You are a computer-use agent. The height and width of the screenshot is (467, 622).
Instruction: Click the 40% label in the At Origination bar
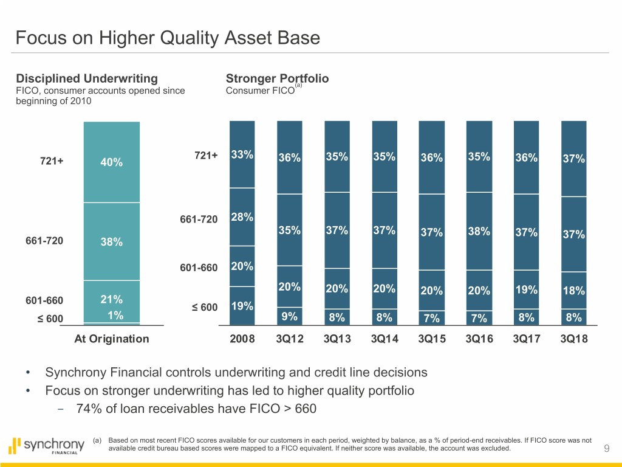click(112, 162)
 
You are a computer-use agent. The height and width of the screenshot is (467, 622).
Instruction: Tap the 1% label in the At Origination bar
click(115, 315)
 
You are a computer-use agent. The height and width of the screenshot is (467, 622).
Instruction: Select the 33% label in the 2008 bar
click(242, 154)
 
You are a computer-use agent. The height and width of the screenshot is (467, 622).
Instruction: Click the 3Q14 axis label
click(384, 339)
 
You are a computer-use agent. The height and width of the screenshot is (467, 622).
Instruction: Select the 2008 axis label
click(242, 339)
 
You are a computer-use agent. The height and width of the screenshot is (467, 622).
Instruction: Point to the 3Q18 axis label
click(574, 339)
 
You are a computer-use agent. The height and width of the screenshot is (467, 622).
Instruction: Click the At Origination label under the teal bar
click(111, 339)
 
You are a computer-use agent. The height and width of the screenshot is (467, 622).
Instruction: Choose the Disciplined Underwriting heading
click(87, 78)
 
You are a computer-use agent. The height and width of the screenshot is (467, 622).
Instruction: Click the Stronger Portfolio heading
click(277, 78)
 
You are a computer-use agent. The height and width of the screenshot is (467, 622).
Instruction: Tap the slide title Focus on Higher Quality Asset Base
click(168, 39)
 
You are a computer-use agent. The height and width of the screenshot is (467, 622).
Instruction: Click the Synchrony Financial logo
click(47, 446)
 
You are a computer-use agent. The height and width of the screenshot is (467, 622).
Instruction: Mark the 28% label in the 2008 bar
click(242, 218)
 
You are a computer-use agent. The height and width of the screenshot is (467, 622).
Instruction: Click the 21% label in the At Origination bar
click(112, 300)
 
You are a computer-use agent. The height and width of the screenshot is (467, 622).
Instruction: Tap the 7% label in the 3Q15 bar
click(432, 317)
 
